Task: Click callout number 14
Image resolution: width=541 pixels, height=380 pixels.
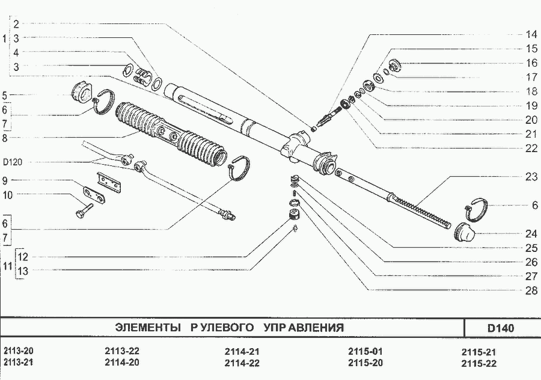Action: tap(530, 34)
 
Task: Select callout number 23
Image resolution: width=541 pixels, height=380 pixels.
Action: tap(530, 177)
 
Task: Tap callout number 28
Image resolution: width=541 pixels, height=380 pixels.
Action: tap(530, 290)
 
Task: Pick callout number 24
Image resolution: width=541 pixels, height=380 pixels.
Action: tap(530, 233)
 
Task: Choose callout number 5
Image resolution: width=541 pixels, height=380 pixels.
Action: tap(4, 95)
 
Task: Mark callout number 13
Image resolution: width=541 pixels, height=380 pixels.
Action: tap(22, 271)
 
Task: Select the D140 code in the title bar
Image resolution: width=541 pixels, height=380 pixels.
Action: tap(500, 328)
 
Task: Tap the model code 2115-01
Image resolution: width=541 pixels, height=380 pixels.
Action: tap(365, 351)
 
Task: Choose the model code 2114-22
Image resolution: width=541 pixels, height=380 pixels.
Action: tap(242, 363)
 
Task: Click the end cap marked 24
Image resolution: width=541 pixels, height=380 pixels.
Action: tap(463, 231)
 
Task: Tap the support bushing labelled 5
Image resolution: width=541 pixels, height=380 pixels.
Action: tap(81, 94)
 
